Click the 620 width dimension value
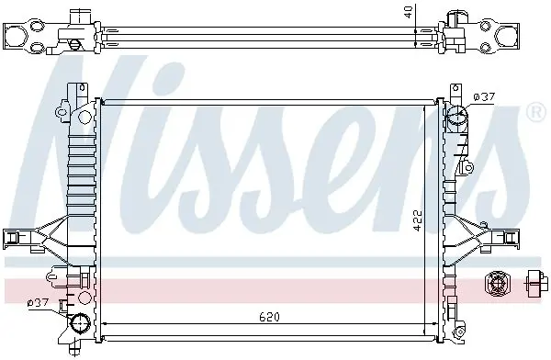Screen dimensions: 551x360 click(x=269, y=317)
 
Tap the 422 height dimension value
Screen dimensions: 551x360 click(x=417, y=220)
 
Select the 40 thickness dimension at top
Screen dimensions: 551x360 click(x=408, y=13)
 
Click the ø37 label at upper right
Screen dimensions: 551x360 click(x=484, y=96)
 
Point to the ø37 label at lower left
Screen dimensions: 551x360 click(x=39, y=302)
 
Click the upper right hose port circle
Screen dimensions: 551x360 click(x=457, y=116)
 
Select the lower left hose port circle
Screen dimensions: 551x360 click(x=80, y=322)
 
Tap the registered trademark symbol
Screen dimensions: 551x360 click(x=536, y=112)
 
